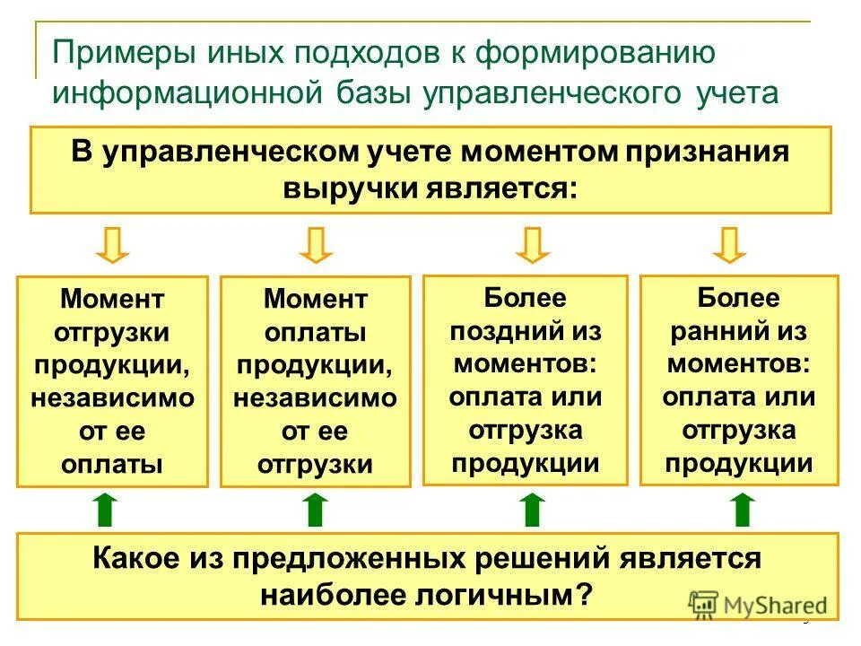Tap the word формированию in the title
(596, 53)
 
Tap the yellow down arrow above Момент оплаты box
(315, 245)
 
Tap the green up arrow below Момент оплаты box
(314, 509)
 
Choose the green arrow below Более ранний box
(741, 509)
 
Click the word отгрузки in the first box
(112, 333)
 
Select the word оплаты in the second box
(315, 333)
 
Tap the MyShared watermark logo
(759, 604)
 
